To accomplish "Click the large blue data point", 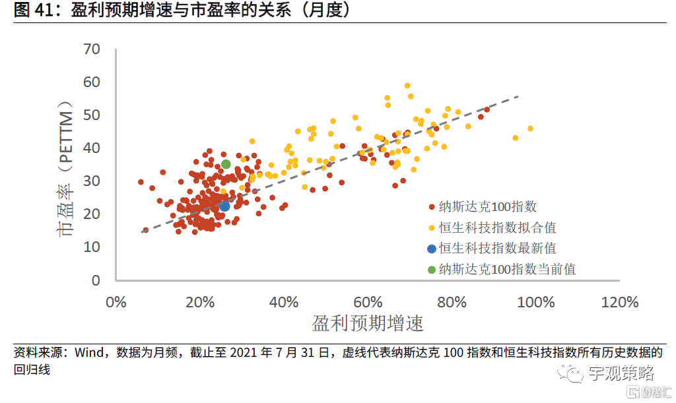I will click(224, 206).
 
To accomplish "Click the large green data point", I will click(226, 164).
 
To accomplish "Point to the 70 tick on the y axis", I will click(92, 49).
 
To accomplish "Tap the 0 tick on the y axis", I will click(96, 280).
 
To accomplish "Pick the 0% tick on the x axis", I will click(116, 302).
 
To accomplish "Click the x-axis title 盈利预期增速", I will click(368, 324).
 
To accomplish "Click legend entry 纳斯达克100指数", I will click(489, 206).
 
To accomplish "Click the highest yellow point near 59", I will click(407, 85).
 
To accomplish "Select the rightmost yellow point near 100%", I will click(530, 129).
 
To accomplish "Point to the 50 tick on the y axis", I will click(92, 115).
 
